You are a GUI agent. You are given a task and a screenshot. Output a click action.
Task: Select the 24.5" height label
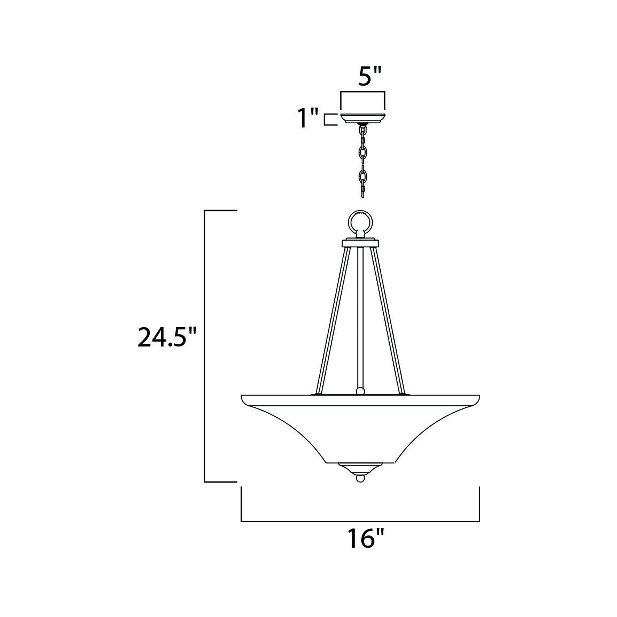pos(166,337)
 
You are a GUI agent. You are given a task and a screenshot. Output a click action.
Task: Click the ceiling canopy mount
pos(363,118)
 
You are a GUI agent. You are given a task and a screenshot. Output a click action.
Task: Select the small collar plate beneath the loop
pos(361,244)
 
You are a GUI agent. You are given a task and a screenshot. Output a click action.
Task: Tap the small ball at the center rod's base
pos(360,391)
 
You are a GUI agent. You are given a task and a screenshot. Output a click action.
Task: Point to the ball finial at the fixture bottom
pos(360,488)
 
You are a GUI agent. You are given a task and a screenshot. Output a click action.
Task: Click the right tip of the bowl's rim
pos(478,397)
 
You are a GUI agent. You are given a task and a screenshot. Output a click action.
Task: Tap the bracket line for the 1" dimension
pos(325,119)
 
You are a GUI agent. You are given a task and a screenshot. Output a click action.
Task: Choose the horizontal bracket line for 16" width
pos(360,521)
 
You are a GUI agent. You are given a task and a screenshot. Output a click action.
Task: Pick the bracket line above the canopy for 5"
pos(363,92)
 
